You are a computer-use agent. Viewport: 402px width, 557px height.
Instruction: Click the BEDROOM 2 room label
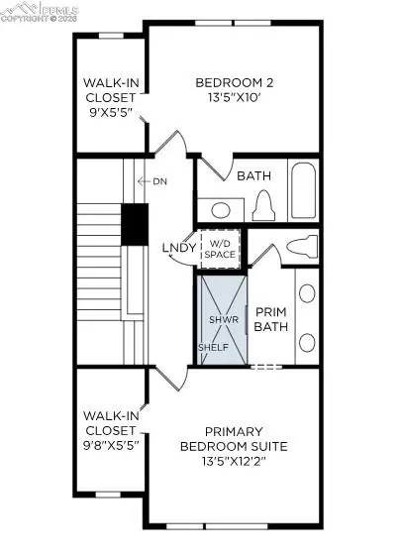[x=235, y=82]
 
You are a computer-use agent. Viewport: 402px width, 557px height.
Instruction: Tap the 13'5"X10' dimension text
[x=235, y=98]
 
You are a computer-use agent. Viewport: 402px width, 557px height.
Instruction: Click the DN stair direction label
[x=159, y=181]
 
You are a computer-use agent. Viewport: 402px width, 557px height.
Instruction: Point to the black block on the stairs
[x=134, y=223]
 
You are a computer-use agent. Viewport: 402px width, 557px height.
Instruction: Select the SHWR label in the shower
[x=219, y=319]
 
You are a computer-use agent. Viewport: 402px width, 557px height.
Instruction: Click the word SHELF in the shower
[x=213, y=348]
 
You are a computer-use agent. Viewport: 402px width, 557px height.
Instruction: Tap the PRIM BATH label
[x=270, y=317]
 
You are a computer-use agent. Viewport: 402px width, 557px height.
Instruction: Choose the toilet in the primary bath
[x=300, y=247]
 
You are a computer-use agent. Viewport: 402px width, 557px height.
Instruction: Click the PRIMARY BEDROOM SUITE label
[x=234, y=438]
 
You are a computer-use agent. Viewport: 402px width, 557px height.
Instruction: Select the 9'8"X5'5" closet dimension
[x=110, y=445]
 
